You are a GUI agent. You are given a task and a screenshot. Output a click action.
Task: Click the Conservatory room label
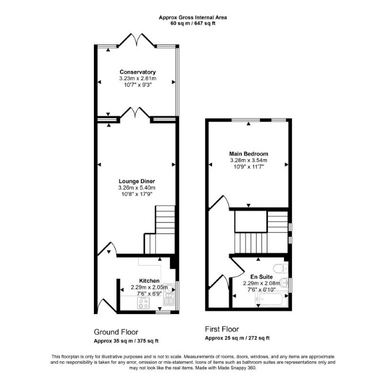[138, 72]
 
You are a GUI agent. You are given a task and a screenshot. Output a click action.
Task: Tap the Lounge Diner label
[137, 182]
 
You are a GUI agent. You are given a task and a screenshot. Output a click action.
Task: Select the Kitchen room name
[149, 281]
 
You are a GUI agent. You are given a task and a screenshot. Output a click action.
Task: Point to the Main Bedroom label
[249, 154]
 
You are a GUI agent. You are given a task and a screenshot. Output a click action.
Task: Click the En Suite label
[262, 277]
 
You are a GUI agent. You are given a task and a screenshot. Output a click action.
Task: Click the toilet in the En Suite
[281, 268]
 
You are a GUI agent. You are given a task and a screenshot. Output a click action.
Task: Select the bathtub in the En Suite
[272, 300]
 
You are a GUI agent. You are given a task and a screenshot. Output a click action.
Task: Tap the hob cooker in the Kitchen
[143, 303]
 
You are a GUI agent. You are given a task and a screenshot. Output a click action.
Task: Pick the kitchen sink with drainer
[169, 294]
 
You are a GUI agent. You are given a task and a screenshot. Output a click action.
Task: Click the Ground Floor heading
[116, 332]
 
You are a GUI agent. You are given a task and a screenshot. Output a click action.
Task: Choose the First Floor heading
[222, 329]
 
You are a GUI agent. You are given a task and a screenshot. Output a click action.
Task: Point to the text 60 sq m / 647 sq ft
[193, 24]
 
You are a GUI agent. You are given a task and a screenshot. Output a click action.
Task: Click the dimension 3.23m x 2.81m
[138, 78]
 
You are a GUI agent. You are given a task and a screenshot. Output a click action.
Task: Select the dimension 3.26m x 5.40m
[137, 188]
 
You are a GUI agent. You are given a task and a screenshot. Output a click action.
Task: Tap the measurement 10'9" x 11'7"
[249, 167]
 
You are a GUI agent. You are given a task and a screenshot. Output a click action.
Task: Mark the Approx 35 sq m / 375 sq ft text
[126, 341]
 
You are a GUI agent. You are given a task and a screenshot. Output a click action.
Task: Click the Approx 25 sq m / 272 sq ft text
[237, 338]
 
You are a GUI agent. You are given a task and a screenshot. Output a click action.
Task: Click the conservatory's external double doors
[137, 39]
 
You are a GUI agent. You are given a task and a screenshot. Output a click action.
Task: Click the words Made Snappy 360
[240, 368]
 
